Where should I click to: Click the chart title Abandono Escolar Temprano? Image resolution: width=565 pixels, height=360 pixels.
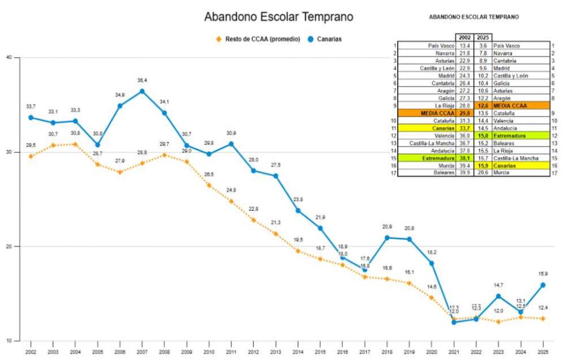278,17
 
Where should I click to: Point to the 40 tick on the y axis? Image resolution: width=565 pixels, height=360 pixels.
9,57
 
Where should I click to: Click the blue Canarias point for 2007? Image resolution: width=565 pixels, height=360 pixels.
142,91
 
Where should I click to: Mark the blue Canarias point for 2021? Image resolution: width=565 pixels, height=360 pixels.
454,322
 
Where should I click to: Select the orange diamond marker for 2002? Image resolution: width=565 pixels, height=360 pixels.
31,156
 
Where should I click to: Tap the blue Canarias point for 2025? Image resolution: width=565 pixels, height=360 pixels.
542,285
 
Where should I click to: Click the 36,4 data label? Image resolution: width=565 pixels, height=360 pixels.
142,80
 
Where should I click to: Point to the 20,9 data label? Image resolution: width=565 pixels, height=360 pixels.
387,227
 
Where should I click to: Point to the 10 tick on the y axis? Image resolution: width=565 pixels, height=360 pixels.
9,340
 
